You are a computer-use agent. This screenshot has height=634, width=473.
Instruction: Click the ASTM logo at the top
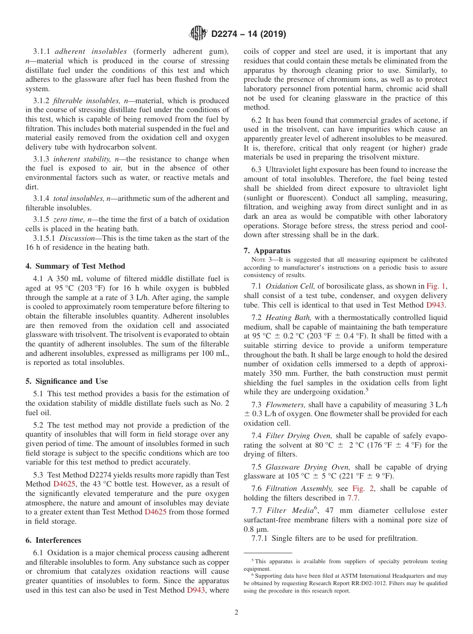198,34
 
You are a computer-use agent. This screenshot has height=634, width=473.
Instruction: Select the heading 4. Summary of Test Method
75,266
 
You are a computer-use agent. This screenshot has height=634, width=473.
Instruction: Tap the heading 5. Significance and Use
67,381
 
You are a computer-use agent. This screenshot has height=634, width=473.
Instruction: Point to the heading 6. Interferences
53,540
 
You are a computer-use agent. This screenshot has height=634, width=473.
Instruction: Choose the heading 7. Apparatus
267,251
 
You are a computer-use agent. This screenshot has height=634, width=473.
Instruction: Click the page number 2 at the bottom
236,613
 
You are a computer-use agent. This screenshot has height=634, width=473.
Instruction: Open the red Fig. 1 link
436,286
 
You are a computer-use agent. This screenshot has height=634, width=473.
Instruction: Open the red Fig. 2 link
362,489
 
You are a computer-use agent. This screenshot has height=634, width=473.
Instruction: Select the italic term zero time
68,219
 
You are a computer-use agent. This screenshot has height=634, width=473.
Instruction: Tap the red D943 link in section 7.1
436,305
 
